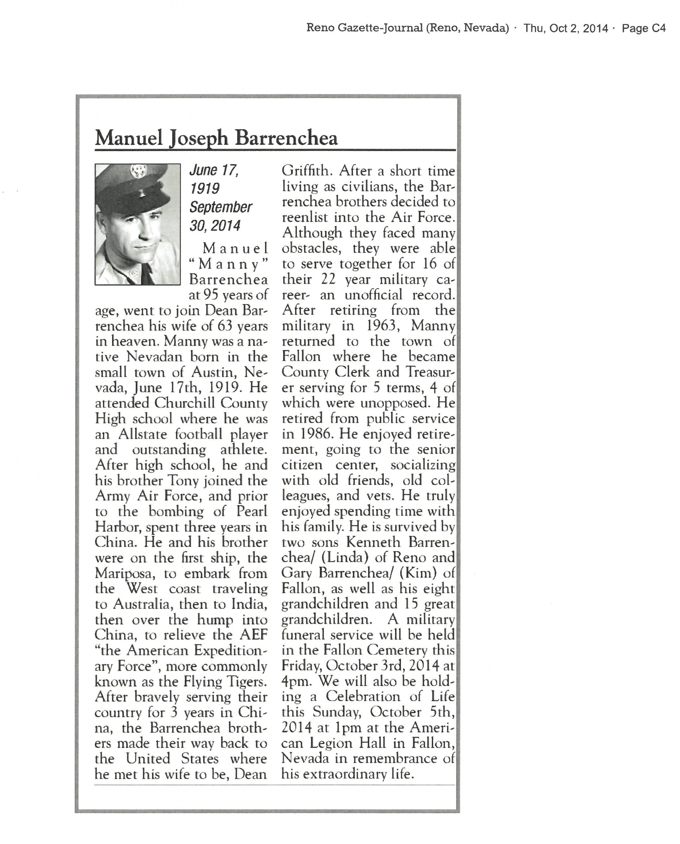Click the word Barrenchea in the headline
point(286,138)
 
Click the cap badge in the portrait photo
point(139,171)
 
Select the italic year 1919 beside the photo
point(205,188)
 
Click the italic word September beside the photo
point(221,207)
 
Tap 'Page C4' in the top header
point(644,28)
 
